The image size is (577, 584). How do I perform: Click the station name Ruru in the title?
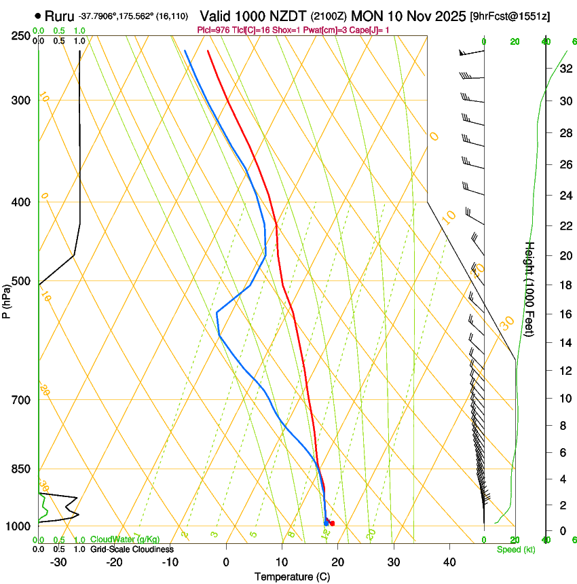pyautogui.click(x=60, y=15)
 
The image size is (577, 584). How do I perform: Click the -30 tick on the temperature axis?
pyautogui.click(x=58, y=562)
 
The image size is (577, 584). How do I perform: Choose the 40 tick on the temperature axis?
pyautogui.click(x=449, y=562)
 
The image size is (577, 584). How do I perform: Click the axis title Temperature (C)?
pyautogui.click(x=292, y=577)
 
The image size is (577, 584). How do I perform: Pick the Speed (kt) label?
pyautogui.click(x=515, y=549)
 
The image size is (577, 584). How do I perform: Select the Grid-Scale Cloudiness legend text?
pyautogui.click(x=132, y=549)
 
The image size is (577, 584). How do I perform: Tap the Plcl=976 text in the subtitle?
pyautogui.click(x=212, y=30)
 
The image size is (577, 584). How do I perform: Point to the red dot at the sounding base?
pyautogui.click(x=332, y=524)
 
